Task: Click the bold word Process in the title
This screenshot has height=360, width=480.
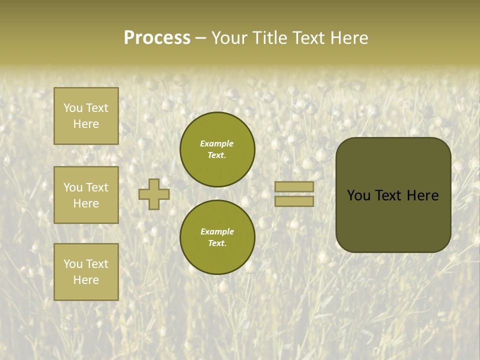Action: (x=157, y=38)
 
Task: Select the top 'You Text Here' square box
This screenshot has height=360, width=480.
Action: (x=86, y=116)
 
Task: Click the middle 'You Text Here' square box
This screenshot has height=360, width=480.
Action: (x=86, y=195)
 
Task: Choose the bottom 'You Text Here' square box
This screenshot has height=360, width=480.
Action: (x=86, y=272)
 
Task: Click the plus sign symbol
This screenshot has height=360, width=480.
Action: (x=154, y=194)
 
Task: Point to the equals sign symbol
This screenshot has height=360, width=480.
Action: (x=294, y=194)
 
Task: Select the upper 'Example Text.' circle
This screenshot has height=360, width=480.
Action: (x=217, y=149)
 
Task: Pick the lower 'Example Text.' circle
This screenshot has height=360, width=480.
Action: (x=217, y=237)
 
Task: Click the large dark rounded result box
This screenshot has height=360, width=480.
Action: (x=393, y=195)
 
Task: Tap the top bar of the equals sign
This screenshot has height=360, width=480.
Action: (x=294, y=187)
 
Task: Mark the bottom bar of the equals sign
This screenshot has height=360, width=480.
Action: (x=294, y=201)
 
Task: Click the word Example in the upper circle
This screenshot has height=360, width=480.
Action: (x=217, y=143)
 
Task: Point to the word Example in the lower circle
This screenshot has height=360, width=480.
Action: (x=217, y=231)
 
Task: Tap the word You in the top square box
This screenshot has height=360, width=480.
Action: (x=73, y=108)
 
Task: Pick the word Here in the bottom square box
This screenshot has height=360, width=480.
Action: (x=86, y=280)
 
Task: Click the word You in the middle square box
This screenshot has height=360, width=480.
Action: (x=73, y=187)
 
